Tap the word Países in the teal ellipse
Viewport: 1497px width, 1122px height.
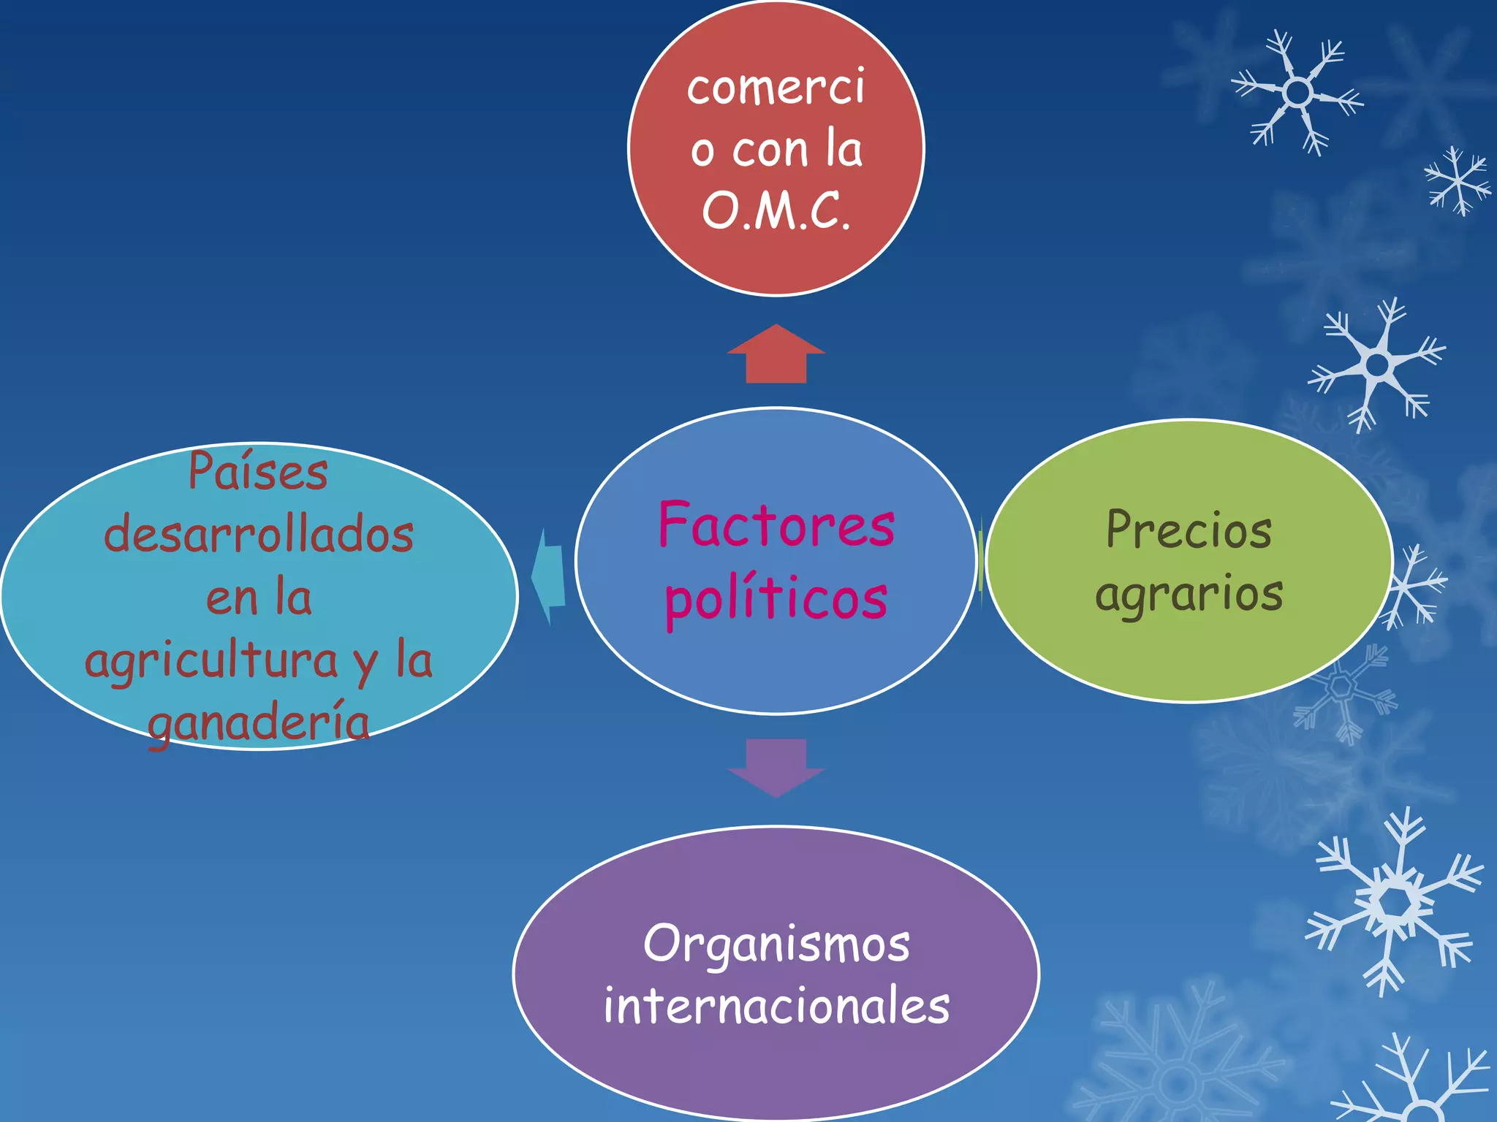coord(258,470)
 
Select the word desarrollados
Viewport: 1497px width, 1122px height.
coord(259,533)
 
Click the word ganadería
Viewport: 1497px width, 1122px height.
coord(259,723)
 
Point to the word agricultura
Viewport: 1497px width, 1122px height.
coord(211,661)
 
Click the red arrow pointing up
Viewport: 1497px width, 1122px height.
coord(776,354)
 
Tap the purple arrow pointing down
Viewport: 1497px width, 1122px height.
coord(776,768)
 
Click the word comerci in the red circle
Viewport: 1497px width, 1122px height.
coord(776,87)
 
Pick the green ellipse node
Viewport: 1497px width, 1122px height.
coord(1189,561)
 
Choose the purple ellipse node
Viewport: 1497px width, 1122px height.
coord(776,973)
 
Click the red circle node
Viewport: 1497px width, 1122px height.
coord(776,148)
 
